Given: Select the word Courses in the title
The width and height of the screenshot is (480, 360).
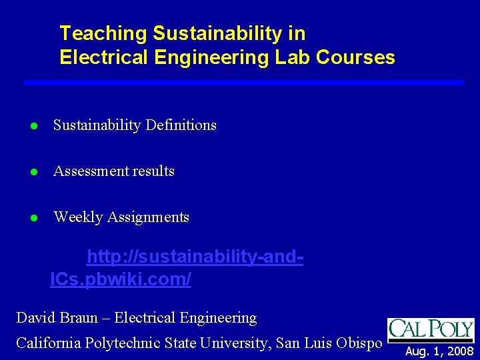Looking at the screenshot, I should [356, 57].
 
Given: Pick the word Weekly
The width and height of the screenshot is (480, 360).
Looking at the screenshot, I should [76, 217].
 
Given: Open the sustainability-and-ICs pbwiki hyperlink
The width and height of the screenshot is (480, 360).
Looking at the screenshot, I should [177, 268].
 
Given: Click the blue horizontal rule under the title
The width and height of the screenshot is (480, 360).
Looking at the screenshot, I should [243, 82].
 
